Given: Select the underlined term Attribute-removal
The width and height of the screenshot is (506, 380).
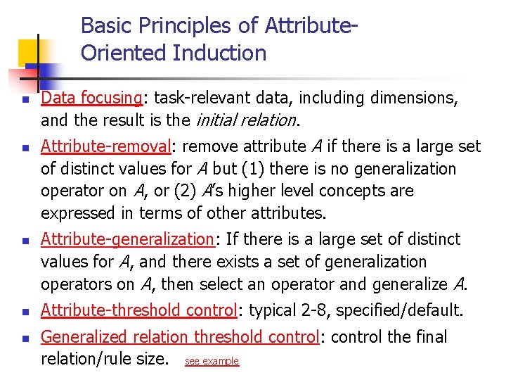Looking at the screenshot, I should (x=105, y=146).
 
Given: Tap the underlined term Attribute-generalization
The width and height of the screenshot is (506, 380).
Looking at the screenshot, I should (x=126, y=239).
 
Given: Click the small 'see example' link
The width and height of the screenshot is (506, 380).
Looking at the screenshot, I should (x=212, y=361).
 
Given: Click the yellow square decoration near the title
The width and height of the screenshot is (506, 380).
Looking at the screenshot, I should (x=32, y=51).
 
